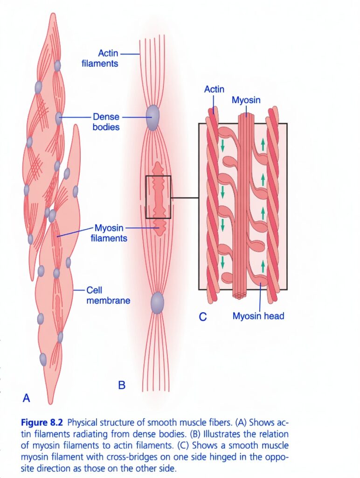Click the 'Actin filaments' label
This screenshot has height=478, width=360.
click(100, 58)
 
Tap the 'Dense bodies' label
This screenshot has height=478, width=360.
click(106, 122)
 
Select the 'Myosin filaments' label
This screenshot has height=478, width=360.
click(109, 233)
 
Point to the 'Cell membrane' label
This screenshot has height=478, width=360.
click(108, 295)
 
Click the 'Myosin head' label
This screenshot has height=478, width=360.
click(258, 316)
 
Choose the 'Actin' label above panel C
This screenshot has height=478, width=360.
click(214, 89)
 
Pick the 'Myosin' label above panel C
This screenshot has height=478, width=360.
click(246, 100)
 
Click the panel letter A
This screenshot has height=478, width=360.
click(27, 398)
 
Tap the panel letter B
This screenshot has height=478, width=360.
click(121, 385)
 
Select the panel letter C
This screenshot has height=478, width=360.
click(202, 317)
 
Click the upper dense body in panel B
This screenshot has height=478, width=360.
click(152, 118)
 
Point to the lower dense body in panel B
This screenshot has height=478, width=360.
click(157, 302)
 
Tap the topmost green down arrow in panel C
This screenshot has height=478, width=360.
click(222, 146)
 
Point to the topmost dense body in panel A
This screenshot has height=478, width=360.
click(57, 66)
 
